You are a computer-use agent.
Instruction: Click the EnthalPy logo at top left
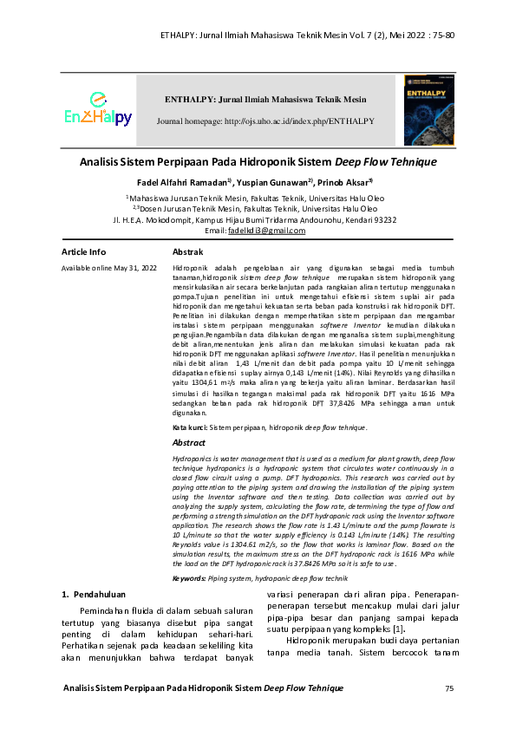(97, 110)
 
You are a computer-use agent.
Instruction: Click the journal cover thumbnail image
(434, 109)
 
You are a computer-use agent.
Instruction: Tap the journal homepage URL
(265, 121)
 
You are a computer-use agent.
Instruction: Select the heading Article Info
(84, 251)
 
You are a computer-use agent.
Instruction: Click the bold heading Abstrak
(188, 251)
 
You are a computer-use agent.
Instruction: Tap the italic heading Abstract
(189, 442)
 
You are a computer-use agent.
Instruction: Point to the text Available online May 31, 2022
(108, 269)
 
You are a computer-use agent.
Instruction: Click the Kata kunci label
(189, 427)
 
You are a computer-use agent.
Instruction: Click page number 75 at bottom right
(449, 688)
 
